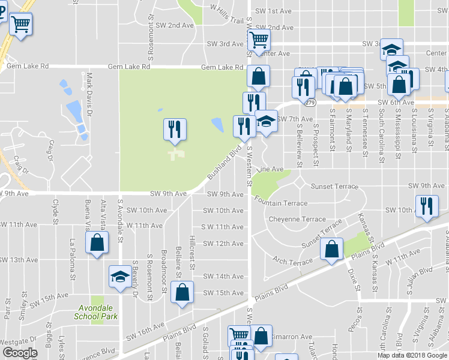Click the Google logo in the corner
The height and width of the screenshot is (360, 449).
click(20, 353)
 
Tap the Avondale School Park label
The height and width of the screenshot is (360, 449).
click(95, 312)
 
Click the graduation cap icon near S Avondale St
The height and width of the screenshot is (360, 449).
click(120, 277)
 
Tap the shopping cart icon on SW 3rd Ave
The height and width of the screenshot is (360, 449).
click(259, 41)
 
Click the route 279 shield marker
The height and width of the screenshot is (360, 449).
click(310, 103)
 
